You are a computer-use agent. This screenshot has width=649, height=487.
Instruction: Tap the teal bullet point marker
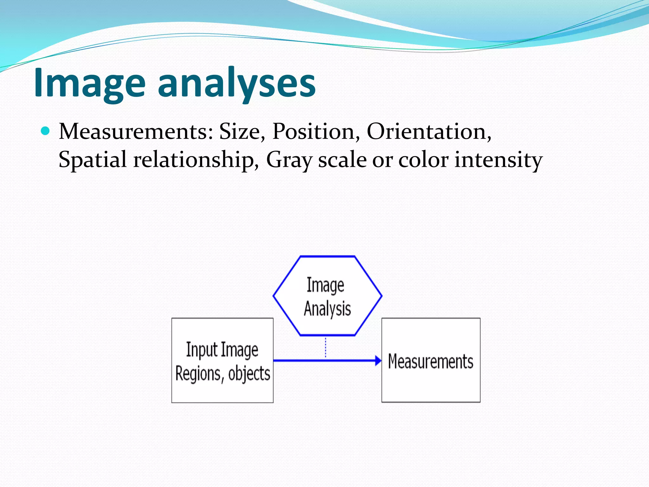(46, 131)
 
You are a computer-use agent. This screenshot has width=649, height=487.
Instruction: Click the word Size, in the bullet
(242, 132)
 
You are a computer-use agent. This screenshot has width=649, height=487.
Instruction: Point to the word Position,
(316, 132)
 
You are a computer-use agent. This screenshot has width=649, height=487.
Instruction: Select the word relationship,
(196, 159)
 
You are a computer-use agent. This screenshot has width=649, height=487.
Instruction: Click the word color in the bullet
(423, 159)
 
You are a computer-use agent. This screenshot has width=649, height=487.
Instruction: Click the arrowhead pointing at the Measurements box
(378, 360)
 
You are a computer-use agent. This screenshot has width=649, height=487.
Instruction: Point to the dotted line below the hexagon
(325, 347)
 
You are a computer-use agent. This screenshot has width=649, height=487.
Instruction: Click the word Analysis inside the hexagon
(327, 309)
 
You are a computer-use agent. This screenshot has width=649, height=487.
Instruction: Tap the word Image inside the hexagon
(325, 285)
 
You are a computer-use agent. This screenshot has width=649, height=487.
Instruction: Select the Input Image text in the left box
(222, 350)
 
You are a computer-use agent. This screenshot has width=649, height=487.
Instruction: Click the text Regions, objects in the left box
(222, 373)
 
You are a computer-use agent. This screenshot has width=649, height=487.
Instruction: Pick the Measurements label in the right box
(430, 361)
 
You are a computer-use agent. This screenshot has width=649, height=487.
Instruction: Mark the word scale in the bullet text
(342, 159)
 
